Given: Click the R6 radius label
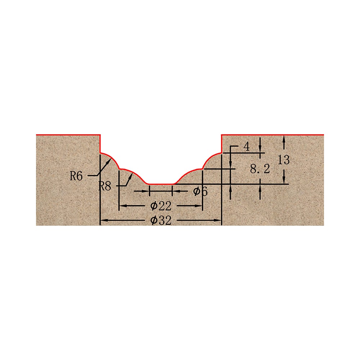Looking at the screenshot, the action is (x=76, y=176).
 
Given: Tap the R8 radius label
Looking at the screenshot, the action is (x=105, y=186).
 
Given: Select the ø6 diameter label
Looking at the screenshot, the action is (x=200, y=191).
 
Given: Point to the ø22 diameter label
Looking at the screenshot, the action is (x=161, y=206).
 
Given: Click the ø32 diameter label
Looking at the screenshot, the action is (x=161, y=220).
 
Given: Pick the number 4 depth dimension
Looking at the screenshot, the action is (x=247, y=147).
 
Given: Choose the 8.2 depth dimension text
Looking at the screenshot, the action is (x=260, y=169).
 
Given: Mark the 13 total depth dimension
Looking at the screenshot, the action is (x=284, y=160).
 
